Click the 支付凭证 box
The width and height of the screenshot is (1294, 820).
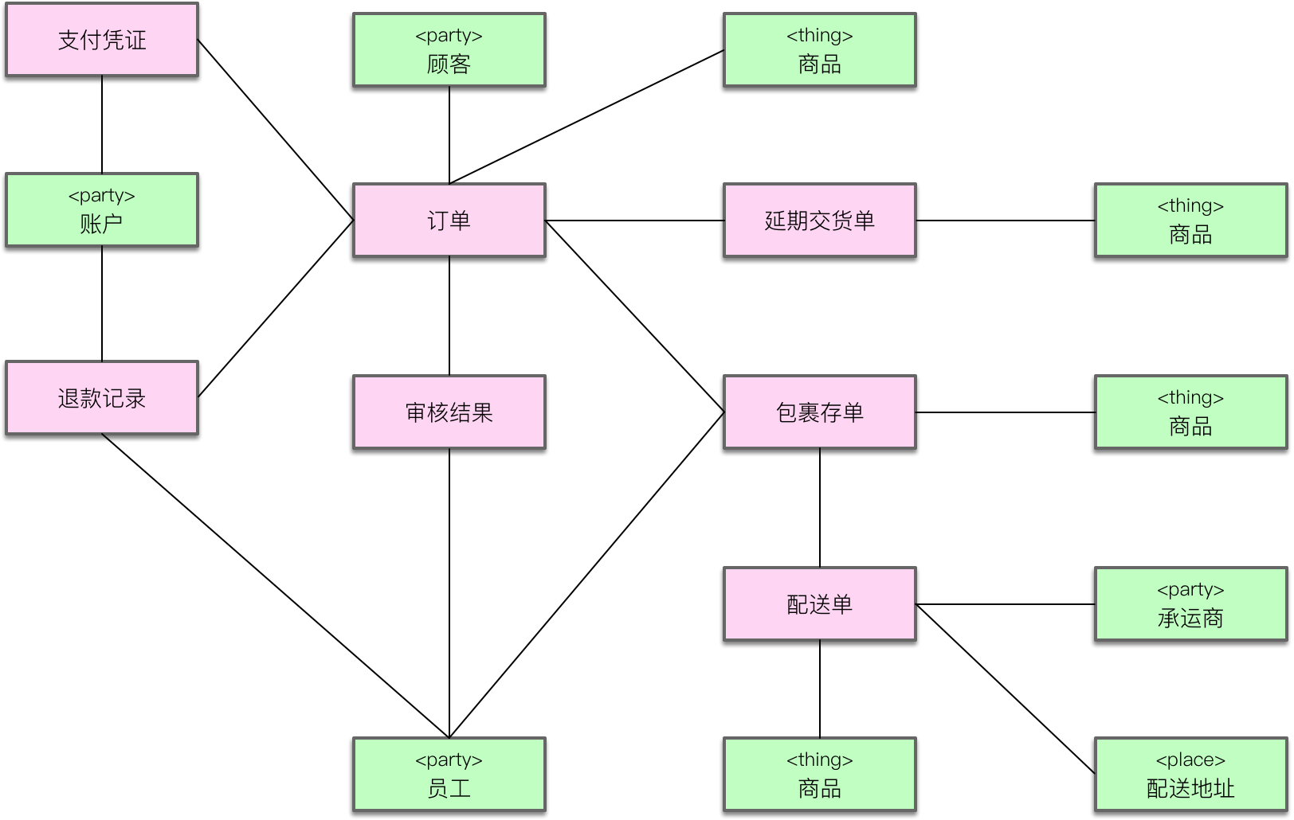point(102,40)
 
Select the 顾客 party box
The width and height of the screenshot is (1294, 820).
point(449,50)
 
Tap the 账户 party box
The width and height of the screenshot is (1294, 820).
point(102,210)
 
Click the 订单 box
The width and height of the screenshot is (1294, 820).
point(449,221)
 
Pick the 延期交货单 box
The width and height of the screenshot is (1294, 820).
point(820,221)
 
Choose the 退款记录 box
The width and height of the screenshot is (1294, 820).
point(102,398)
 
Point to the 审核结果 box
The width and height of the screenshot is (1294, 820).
point(449,412)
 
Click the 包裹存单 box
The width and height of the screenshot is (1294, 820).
point(820,412)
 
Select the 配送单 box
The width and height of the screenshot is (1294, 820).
point(820,604)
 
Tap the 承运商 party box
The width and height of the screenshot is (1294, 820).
point(1191,604)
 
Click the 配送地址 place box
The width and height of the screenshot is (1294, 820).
point(1191,775)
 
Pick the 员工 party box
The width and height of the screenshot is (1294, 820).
point(449,775)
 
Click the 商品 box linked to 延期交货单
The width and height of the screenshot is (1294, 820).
point(1191,221)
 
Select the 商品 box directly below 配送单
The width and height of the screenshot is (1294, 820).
point(820,775)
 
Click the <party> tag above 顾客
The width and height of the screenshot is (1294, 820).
point(449,36)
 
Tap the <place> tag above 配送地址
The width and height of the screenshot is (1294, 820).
point(1191,760)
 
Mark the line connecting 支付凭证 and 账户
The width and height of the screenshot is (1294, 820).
point(102,125)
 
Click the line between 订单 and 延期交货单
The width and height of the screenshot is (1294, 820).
point(635,221)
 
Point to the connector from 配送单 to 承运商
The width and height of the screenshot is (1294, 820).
point(1006,604)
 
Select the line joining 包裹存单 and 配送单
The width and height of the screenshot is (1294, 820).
point(820,508)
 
